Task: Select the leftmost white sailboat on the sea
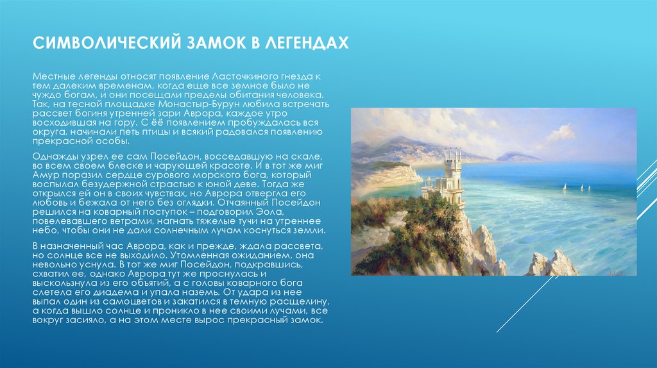pyautogui.click(x=564, y=187)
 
